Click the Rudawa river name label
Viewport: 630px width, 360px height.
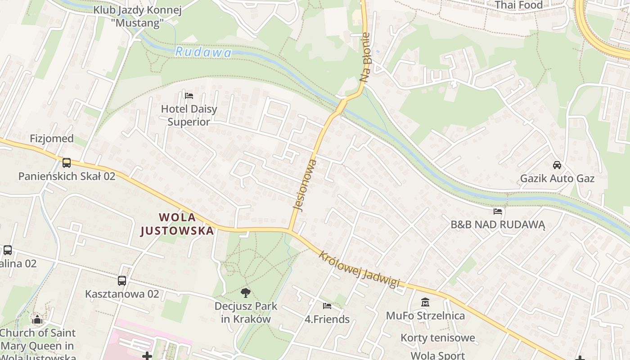203,53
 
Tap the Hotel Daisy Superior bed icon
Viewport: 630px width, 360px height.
189,95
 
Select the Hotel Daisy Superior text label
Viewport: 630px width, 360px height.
189,115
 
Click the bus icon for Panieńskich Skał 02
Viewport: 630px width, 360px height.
67,162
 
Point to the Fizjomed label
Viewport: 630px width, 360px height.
52,139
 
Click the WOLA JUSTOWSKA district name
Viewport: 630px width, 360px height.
177,224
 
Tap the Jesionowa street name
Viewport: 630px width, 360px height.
305,185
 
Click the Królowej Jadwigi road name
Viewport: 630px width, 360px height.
359,269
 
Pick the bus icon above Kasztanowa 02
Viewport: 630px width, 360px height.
122,281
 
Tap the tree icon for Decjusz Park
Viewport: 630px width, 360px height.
245,293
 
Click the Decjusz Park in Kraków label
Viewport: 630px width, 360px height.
246,313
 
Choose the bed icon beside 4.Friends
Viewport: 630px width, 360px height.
327,306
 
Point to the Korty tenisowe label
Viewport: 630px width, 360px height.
438,337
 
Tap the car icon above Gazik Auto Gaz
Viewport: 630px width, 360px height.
557,165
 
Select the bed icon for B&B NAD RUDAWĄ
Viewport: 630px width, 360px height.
498,211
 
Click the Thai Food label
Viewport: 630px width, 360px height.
519,5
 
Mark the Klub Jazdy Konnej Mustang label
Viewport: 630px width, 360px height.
138,16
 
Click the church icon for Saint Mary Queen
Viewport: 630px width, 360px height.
37,319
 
